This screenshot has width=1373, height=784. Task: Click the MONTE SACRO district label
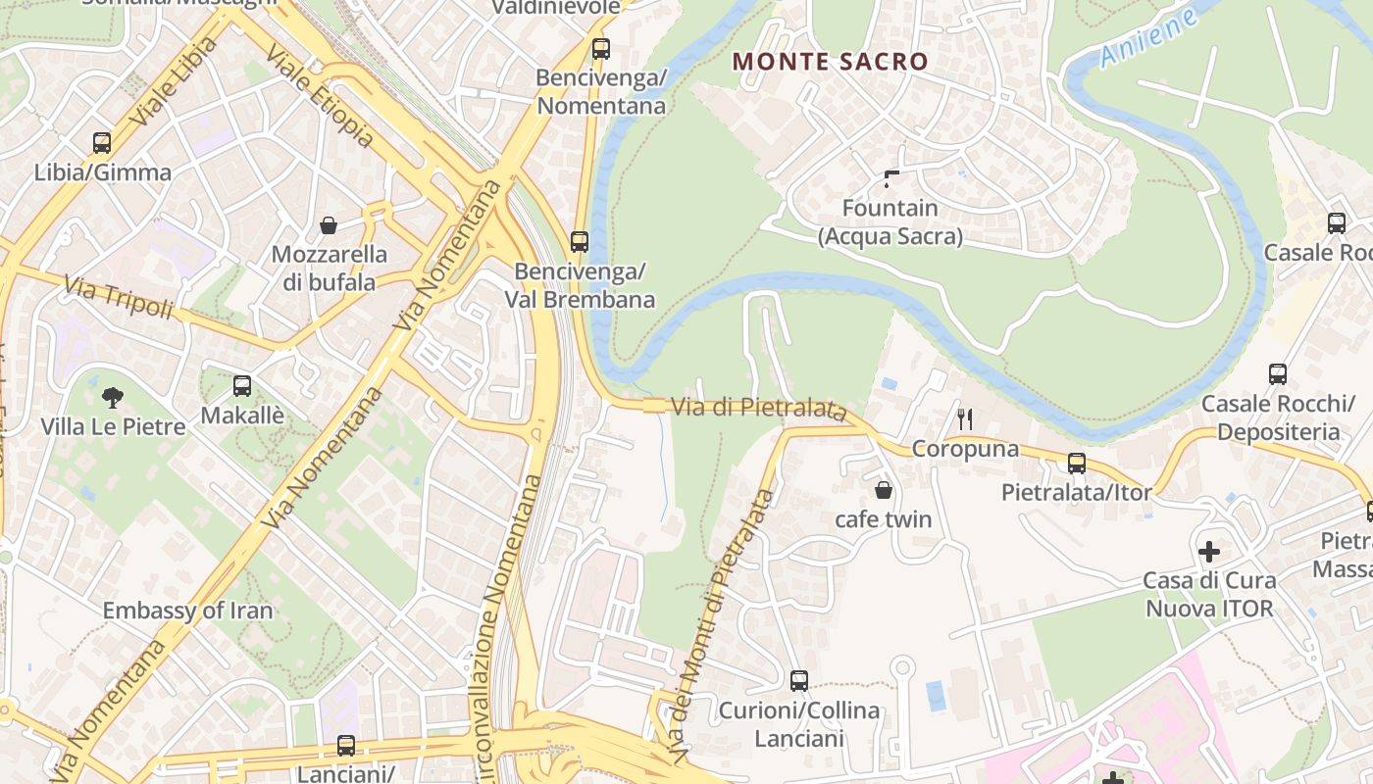click(830, 61)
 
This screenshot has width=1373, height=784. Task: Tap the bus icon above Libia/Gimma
click(102, 143)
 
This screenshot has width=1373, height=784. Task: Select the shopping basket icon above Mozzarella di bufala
click(329, 225)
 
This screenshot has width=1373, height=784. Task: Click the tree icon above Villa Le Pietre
click(113, 397)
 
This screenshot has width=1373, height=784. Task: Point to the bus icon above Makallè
click(242, 386)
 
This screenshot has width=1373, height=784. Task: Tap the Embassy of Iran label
click(188, 611)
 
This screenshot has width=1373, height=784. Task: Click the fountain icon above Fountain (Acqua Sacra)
click(890, 178)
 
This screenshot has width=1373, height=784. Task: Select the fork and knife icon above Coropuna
click(965, 419)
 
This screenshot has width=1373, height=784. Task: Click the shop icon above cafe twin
click(883, 490)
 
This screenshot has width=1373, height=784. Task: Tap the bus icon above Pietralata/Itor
click(1076, 464)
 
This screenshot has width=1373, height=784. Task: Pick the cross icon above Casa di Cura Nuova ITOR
click(1208, 551)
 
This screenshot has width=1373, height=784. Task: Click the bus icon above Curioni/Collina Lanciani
click(799, 680)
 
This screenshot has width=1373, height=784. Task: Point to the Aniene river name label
click(1148, 38)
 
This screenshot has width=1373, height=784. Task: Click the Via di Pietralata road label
click(758, 408)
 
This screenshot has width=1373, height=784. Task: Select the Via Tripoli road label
click(118, 298)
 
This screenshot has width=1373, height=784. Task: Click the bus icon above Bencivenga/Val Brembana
click(580, 241)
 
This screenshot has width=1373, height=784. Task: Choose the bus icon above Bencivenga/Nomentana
click(601, 48)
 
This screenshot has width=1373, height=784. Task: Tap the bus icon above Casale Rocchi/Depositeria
click(1277, 374)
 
